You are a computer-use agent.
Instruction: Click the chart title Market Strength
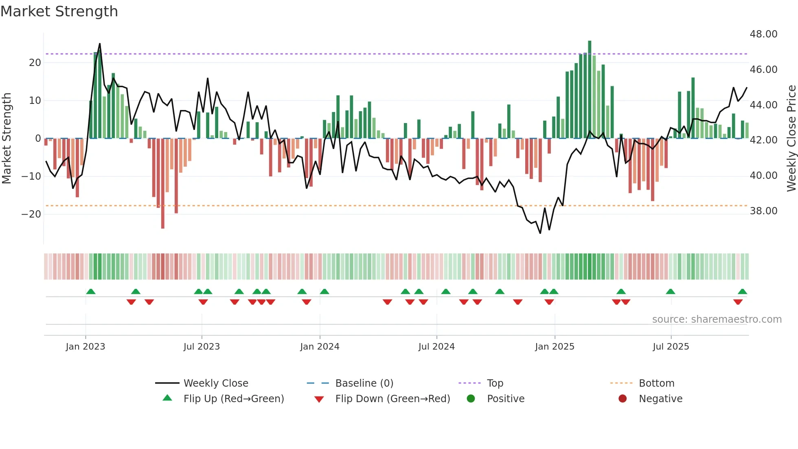(59, 11)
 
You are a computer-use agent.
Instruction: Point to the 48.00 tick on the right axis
(763, 34)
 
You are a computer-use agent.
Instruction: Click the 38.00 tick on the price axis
(763, 211)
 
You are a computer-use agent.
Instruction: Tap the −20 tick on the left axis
(31, 214)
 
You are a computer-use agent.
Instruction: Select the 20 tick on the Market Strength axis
(35, 63)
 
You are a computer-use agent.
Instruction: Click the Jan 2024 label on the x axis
(320, 347)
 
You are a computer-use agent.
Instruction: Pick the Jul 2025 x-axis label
(671, 347)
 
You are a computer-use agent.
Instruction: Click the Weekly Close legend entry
(215, 383)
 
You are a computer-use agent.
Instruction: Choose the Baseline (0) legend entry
(364, 383)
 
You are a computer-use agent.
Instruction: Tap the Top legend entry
(495, 383)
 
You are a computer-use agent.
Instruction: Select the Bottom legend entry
(656, 383)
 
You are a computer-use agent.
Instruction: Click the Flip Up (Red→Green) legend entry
(233, 399)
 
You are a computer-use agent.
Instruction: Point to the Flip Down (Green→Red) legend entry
(392, 399)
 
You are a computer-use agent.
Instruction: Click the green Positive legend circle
(471, 399)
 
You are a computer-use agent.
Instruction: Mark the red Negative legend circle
(623, 399)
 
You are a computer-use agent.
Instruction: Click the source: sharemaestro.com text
(717, 319)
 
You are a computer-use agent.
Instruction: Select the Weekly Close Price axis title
(791, 138)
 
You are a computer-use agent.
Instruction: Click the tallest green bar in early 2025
(590, 90)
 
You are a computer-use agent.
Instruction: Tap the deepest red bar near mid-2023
(163, 183)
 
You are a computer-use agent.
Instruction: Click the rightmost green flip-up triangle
(742, 292)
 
